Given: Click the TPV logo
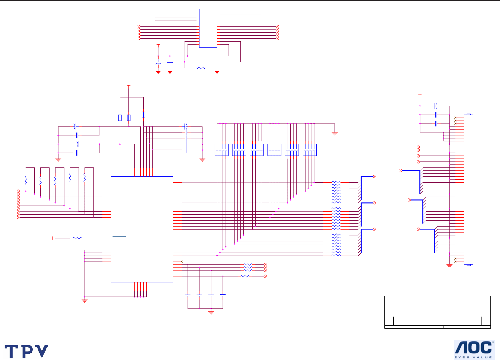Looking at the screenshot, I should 26,351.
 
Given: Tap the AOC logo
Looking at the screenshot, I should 474,348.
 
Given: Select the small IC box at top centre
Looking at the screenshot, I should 208,28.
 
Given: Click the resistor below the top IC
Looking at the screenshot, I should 201,68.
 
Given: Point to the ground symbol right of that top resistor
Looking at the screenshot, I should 217,72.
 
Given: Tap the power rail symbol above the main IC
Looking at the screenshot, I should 129,86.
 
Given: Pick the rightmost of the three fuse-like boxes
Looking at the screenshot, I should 143,115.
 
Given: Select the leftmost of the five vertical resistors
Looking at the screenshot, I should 26,180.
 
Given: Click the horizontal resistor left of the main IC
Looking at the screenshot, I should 77,238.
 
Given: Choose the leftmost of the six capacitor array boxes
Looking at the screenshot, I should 221,150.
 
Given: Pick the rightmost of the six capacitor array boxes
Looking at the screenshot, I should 310,150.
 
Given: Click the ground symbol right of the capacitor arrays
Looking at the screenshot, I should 335,134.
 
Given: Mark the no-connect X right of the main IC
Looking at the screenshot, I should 182,262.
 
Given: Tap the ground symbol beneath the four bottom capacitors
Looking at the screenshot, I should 211,312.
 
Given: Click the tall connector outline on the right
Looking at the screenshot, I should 469,190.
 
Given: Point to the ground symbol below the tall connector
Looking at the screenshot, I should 449,266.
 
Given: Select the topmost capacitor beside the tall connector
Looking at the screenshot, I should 436,106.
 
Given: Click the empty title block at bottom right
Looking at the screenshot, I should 437,312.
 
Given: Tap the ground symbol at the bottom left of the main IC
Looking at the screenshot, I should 85,301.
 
